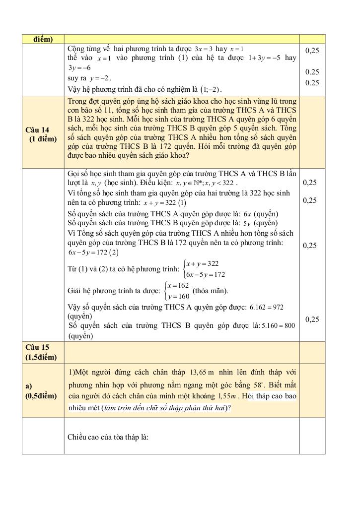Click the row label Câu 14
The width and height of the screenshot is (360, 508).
pyautogui.click(x=38, y=130)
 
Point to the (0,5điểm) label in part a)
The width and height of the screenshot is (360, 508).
pyautogui.click(x=41, y=396)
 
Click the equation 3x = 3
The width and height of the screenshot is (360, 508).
pyautogui.click(x=204, y=49)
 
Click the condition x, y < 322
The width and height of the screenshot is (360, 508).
pyautogui.click(x=218, y=183)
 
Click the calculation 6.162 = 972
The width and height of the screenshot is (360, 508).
pyautogui.click(x=267, y=307)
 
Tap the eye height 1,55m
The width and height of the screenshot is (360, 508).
pyautogui.click(x=229, y=396)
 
